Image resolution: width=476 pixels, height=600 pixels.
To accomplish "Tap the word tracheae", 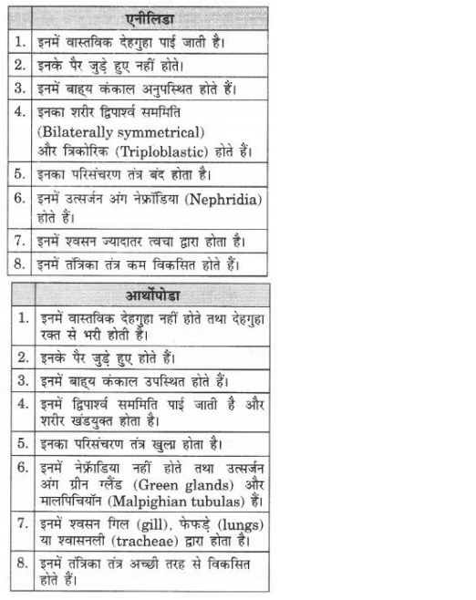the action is (144, 543).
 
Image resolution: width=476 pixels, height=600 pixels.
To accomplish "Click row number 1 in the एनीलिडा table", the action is (20, 42).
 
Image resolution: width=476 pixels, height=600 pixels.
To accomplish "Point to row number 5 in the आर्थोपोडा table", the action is (20, 445).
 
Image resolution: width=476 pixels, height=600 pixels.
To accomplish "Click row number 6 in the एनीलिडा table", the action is (20, 195).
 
